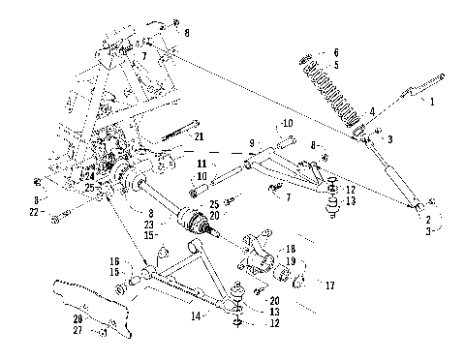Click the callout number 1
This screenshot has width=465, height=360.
pyautogui.click(x=432, y=100)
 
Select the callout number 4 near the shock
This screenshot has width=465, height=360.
pyautogui.click(x=372, y=112)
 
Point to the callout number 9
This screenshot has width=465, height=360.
pyautogui.click(x=252, y=144)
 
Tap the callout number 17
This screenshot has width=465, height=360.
pyautogui.click(x=330, y=285)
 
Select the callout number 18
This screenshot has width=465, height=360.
pyautogui.click(x=293, y=249)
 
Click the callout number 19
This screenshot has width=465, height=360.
pyautogui.click(x=293, y=261)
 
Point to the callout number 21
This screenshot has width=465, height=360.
pyautogui.click(x=199, y=137)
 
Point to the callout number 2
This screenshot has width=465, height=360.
pyautogui.click(x=425, y=221)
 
